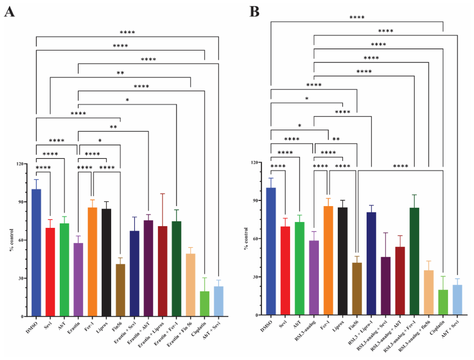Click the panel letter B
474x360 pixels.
click(x=254, y=12)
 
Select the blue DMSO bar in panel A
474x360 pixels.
click(x=36, y=253)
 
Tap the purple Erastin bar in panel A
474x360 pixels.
click(x=78, y=280)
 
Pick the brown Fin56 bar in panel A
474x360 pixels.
click(x=120, y=290)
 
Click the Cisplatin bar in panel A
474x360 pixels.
click(x=205, y=304)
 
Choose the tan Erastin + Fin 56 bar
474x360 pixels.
click(x=191, y=285)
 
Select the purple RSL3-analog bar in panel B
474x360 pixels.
click(x=314, y=278)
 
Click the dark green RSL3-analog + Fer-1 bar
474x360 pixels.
click(x=414, y=261)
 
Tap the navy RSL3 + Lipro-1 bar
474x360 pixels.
click(x=371, y=263)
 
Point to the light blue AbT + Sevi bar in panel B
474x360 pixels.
click(x=457, y=300)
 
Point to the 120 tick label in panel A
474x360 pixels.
click(x=20, y=164)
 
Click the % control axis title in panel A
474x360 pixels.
click(x=11, y=240)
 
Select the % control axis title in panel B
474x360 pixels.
click(x=246, y=239)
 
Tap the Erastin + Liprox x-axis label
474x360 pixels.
click(x=151, y=334)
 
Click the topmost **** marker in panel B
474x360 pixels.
click(x=357, y=18)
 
